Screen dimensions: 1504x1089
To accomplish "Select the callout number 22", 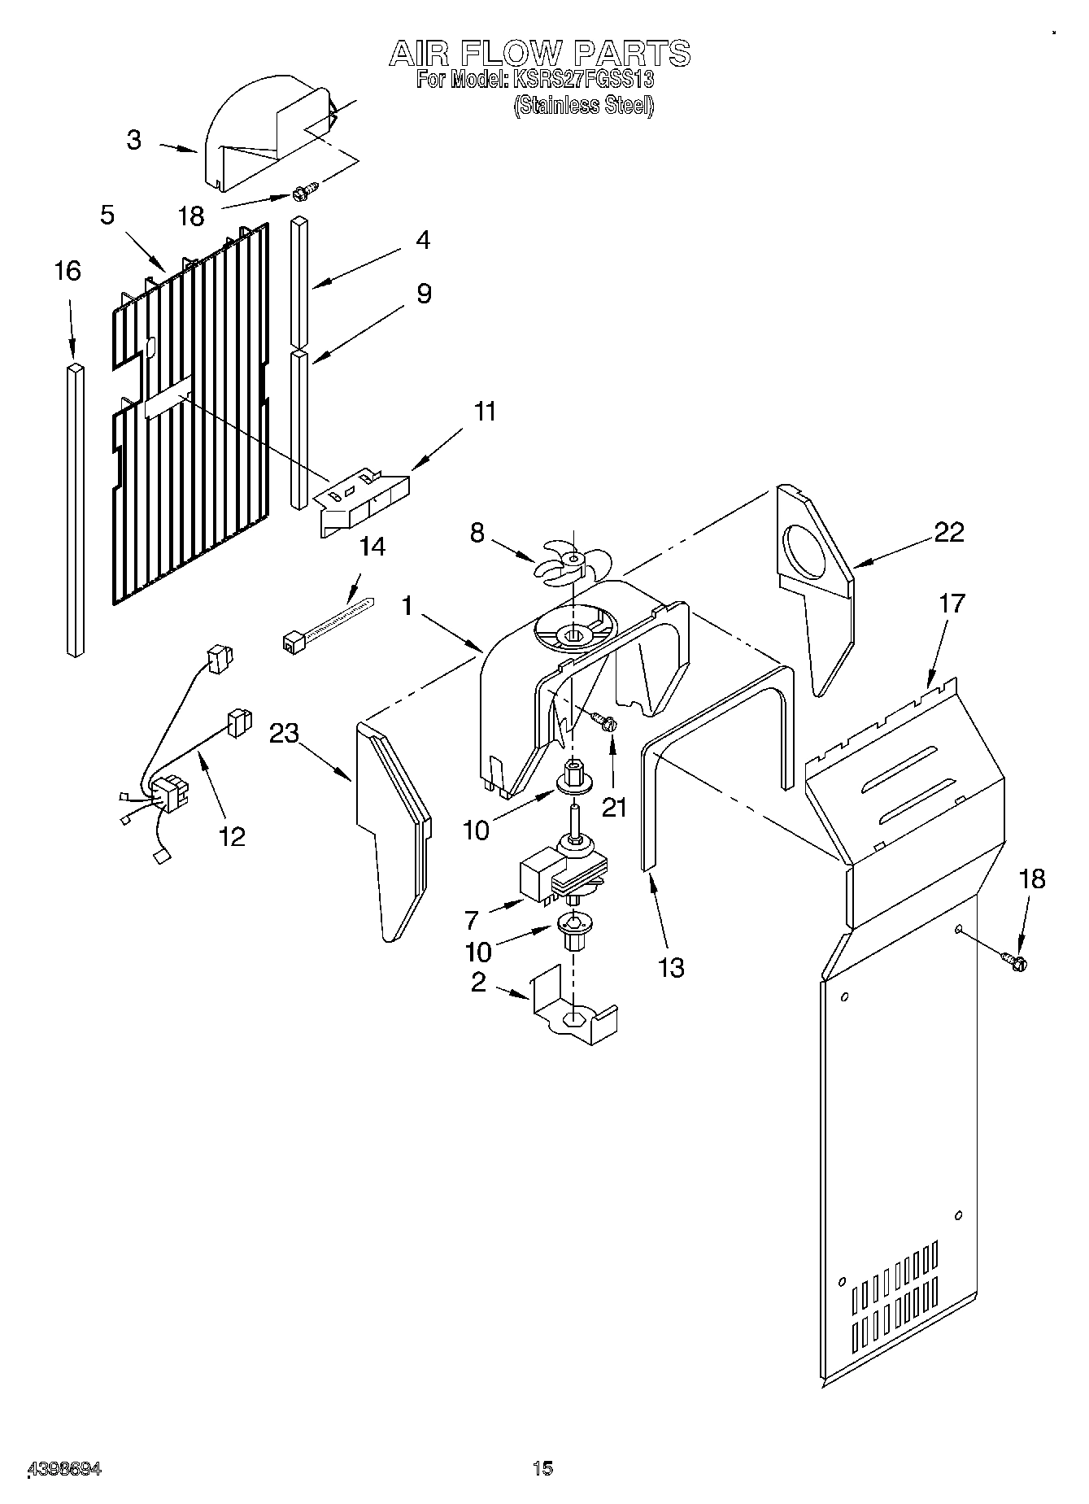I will click(x=949, y=532).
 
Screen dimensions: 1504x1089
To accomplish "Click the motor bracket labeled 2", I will click(x=574, y=1012).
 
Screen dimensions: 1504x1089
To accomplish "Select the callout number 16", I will click(x=68, y=271).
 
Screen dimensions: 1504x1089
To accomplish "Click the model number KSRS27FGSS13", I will click(x=581, y=81).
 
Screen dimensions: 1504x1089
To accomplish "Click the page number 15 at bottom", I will click(x=542, y=1468).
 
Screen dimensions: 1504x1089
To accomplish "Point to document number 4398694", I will click(x=65, y=1469).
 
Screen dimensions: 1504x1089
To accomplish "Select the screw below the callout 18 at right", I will click(x=1015, y=962).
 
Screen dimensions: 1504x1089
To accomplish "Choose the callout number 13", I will click(x=671, y=968).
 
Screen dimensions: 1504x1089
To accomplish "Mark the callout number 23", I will click(x=285, y=735).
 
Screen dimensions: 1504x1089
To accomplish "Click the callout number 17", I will click(x=951, y=604).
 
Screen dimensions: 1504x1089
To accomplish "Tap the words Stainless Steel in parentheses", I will click(x=583, y=106).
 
